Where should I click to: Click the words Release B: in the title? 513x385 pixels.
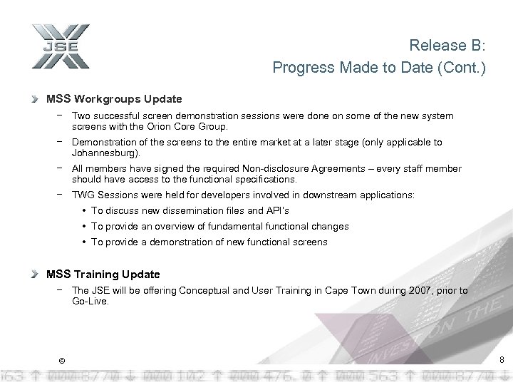[x=447, y=46]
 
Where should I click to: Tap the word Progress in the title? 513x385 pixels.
[x=300, y=68]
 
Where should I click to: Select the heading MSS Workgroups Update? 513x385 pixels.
[x=114, y=99]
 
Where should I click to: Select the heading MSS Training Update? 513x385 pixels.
[x=103, y=274]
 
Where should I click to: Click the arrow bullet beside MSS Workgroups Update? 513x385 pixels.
[x=36, y=99]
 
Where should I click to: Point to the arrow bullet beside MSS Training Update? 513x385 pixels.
[x=36, y=274]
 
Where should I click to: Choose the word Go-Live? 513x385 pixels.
[x=90, y=302]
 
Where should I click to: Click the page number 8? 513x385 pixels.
[x=502, y=360]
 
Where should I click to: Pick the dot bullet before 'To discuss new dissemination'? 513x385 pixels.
[x=85, y=211]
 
